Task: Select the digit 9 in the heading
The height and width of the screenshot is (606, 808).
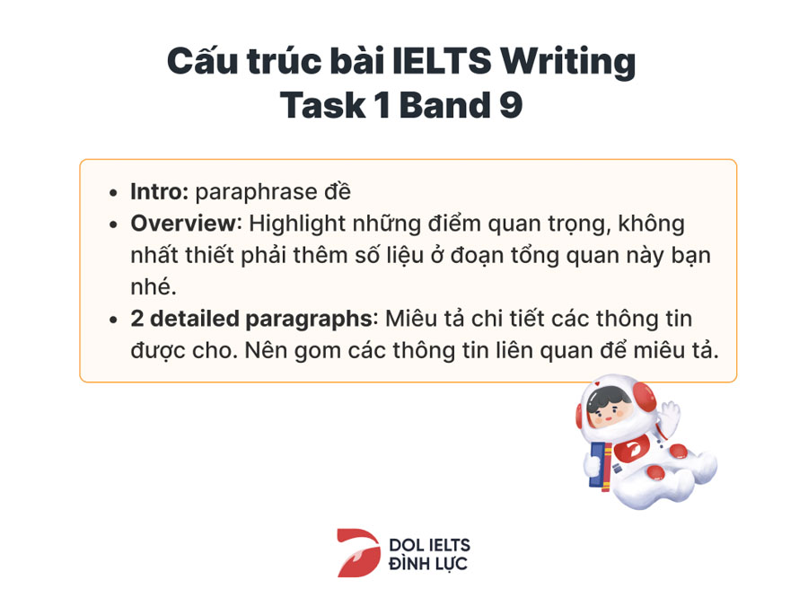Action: coord(511,106)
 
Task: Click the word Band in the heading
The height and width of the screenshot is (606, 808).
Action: coord(444,105)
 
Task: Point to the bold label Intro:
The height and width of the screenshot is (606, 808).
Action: coord(159,192)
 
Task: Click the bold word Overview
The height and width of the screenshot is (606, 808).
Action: coord(183,224)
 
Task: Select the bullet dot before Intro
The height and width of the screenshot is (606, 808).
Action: coord(113,193)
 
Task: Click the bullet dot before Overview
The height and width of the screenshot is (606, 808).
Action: coord(113,224)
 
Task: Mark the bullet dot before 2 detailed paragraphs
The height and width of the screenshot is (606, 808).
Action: coord(113,320)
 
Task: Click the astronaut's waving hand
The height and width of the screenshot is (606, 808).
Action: coord(669,417)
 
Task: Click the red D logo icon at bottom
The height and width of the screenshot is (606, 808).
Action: coord(358,552)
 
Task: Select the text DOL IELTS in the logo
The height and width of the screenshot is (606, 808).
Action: coord(429,545)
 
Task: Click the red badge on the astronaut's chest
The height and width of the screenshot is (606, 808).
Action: coord(631,449)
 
